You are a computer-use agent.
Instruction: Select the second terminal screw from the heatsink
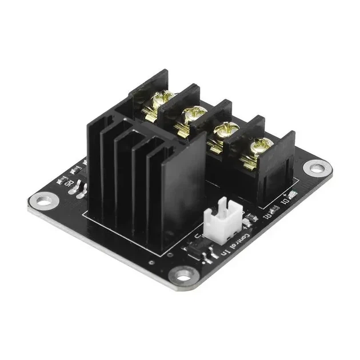coord(187,117)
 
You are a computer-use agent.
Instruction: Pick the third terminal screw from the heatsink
coord(220,131)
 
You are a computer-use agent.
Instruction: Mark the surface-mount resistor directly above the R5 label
coord(74,170)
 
